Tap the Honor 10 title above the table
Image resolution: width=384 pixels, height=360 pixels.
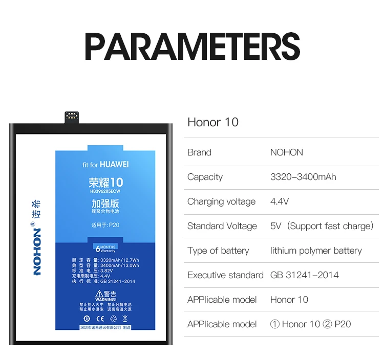coord(213,122)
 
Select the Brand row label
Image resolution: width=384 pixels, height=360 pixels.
coord(199,152)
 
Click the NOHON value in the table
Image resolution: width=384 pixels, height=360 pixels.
coord(287,152)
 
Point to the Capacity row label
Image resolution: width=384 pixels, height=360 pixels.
coord(205,177)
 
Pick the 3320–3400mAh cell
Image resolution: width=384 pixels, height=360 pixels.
coord(303,177)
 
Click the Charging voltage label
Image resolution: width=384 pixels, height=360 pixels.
coord(221,201)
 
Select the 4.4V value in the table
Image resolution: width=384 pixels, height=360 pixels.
coord(280,201)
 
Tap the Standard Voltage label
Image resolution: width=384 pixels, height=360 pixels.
coord(222,226)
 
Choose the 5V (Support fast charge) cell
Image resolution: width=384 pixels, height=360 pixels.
coord(322,226)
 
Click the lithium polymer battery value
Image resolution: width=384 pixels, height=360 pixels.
coord(316,251)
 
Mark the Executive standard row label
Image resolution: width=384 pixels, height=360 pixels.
coord(225,275)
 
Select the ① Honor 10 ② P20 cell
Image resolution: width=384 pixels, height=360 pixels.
coord(311,324)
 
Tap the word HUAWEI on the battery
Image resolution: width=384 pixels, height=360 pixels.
coord(114,164)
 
